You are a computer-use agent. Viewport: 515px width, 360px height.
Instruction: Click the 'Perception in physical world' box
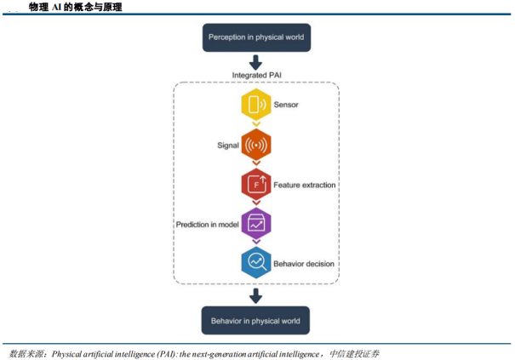255,37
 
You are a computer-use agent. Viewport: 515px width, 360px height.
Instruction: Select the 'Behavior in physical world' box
255,321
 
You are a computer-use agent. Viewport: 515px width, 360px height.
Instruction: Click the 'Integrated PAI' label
255,76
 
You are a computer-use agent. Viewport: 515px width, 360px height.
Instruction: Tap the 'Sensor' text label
286,106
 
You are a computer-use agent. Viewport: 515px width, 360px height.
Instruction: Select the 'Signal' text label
227,146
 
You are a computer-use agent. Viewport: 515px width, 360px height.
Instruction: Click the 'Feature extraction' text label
304,185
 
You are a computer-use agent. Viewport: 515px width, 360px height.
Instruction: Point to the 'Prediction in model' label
207,224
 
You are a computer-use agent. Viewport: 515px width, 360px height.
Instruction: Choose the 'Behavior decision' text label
304,264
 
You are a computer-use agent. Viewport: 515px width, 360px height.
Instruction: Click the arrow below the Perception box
255,62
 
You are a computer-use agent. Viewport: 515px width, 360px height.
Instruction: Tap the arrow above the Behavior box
255,296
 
